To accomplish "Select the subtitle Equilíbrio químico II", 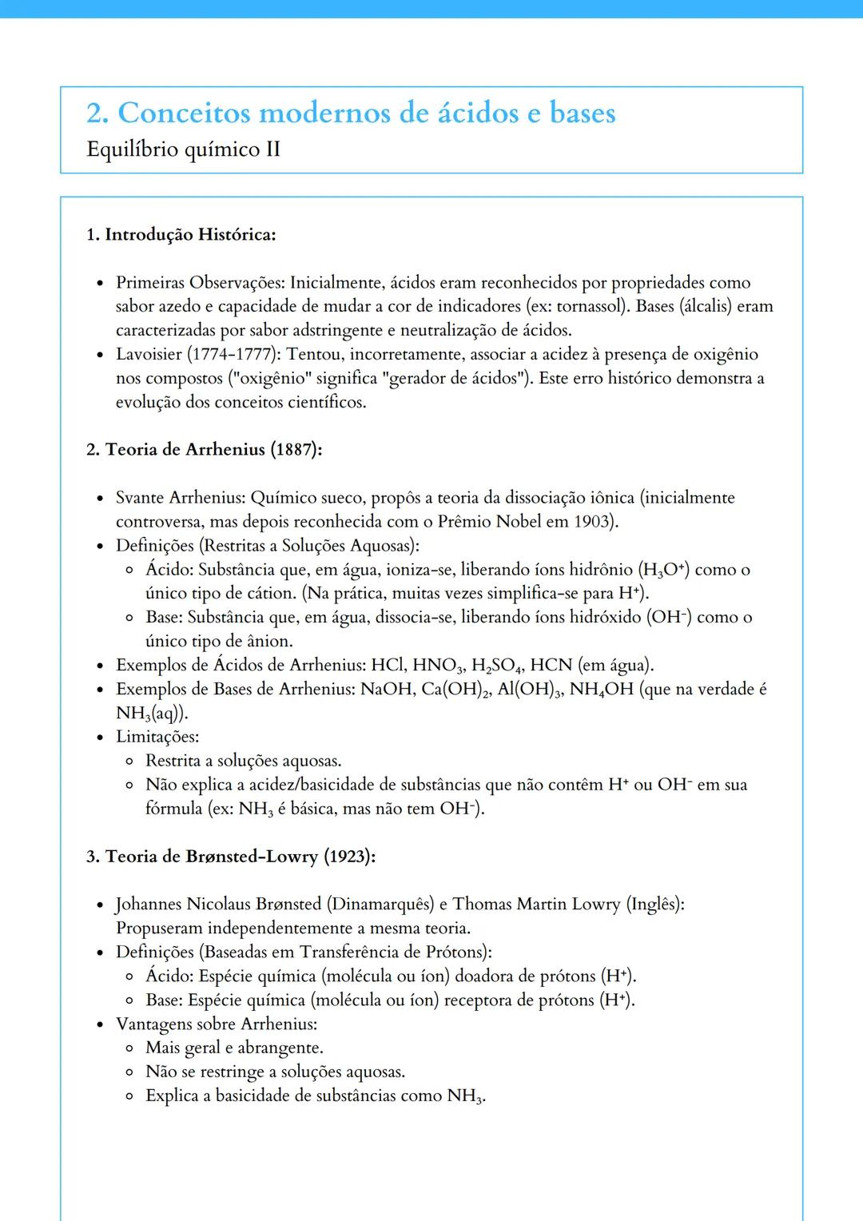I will [x=183, y=149].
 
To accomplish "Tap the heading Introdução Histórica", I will [x=190, y=234].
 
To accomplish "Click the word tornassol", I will [x=590, y=306].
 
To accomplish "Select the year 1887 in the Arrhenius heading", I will [x=293, y=449].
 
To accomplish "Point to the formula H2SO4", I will [x=495, y=666].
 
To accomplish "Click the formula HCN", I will [x=551, y=665].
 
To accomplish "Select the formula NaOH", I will [x=388, y=689].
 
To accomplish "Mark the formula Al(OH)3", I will [x=527, y=690].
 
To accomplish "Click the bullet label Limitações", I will [x=157, y=737].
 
